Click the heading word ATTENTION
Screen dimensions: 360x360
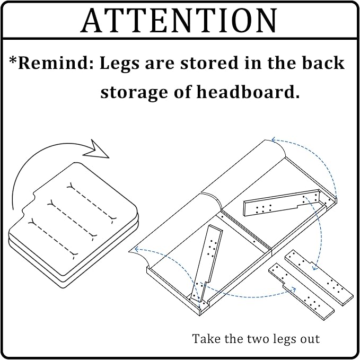tap(179, 21)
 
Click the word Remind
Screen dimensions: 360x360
tap(56, 63)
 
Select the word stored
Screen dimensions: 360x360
tap(209, 63)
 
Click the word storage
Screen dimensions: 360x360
tap(134, 93)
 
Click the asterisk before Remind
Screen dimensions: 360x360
tap(13, 60)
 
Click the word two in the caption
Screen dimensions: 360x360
tap(260, 339)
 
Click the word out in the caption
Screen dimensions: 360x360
tap(310, 339)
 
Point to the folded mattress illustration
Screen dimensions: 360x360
tap(74, 225)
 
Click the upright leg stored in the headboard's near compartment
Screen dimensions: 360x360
tap(206, 264)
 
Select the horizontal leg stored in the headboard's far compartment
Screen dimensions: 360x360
tap(282, 203)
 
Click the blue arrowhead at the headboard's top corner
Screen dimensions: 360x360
tap(274, 139)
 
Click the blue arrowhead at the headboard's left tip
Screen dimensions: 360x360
tap(137, 249)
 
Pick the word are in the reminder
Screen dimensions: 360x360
tap(160, 64)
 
